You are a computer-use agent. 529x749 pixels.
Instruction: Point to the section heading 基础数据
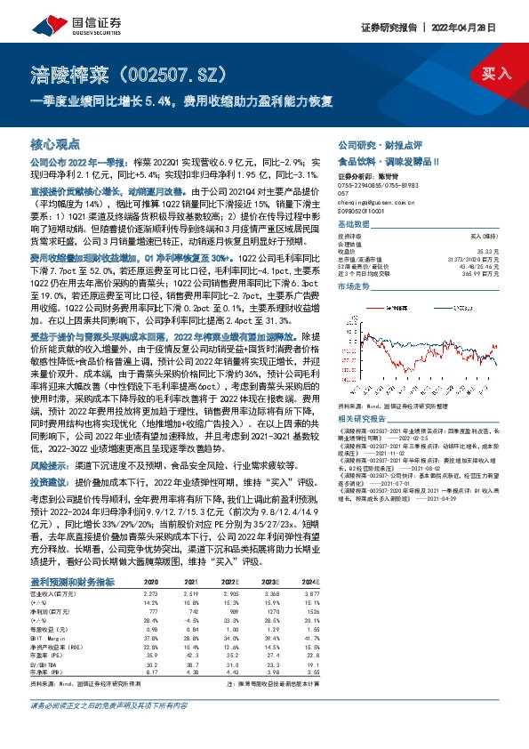pos(354,223)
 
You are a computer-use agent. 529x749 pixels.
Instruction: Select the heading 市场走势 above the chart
pos(354,287)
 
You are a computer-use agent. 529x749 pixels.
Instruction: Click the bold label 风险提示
pos(50,464)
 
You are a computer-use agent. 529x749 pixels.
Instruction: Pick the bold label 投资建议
pos(50,481)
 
